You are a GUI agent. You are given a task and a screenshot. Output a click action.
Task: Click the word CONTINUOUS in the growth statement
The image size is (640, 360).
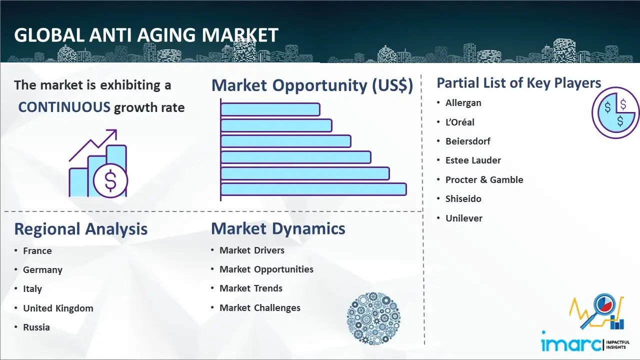point(64,107)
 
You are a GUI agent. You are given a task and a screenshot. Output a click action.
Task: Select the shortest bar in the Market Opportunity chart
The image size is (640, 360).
point(270,109)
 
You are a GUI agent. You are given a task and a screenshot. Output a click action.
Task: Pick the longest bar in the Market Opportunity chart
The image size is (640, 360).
point(313,189)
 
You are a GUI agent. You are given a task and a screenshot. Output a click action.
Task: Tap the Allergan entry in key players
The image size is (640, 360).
point(463,103)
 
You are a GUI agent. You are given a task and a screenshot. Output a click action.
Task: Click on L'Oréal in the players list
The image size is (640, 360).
point(459,122)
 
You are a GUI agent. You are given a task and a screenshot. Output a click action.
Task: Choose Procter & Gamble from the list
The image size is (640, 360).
point(484,179)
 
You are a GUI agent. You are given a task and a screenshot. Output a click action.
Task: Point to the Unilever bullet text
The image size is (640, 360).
point(463,218)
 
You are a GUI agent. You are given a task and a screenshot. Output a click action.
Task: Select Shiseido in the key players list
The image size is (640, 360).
point(463,199)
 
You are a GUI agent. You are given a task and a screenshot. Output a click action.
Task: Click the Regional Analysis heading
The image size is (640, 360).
point(81,229)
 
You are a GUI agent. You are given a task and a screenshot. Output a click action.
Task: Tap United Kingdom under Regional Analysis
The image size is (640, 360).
point(58,308)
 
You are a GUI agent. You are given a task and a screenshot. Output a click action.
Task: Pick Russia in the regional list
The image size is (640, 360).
point(36,327)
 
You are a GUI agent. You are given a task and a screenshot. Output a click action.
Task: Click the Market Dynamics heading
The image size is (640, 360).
point(278,228)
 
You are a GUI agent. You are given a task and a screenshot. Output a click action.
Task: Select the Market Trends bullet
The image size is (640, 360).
point(251,288)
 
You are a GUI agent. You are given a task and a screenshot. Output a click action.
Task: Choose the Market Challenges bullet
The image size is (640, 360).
point(259,308)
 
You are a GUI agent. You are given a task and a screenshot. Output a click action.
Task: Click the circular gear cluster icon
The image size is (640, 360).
point(373,318)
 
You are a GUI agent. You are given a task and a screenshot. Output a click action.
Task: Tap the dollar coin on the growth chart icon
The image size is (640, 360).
point(110,181)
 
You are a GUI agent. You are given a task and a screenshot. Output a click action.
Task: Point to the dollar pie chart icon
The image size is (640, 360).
point(615,113)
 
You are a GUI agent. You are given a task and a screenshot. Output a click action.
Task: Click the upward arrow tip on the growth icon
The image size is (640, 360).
point(116,130)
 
